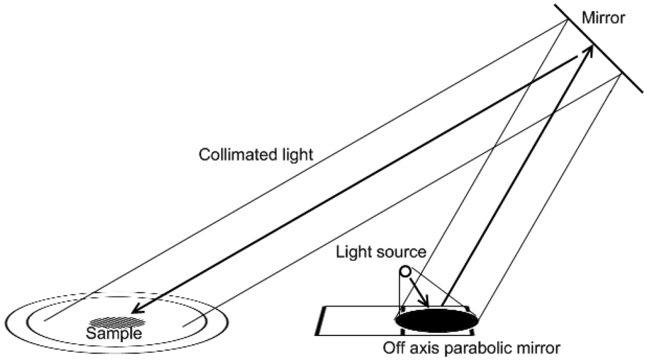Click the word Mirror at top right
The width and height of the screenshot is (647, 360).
point(604,18)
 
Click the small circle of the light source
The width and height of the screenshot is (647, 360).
point(405,271)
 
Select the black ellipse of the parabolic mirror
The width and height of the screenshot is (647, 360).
point(437,319)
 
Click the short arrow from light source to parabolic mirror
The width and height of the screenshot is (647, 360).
point(418,292)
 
